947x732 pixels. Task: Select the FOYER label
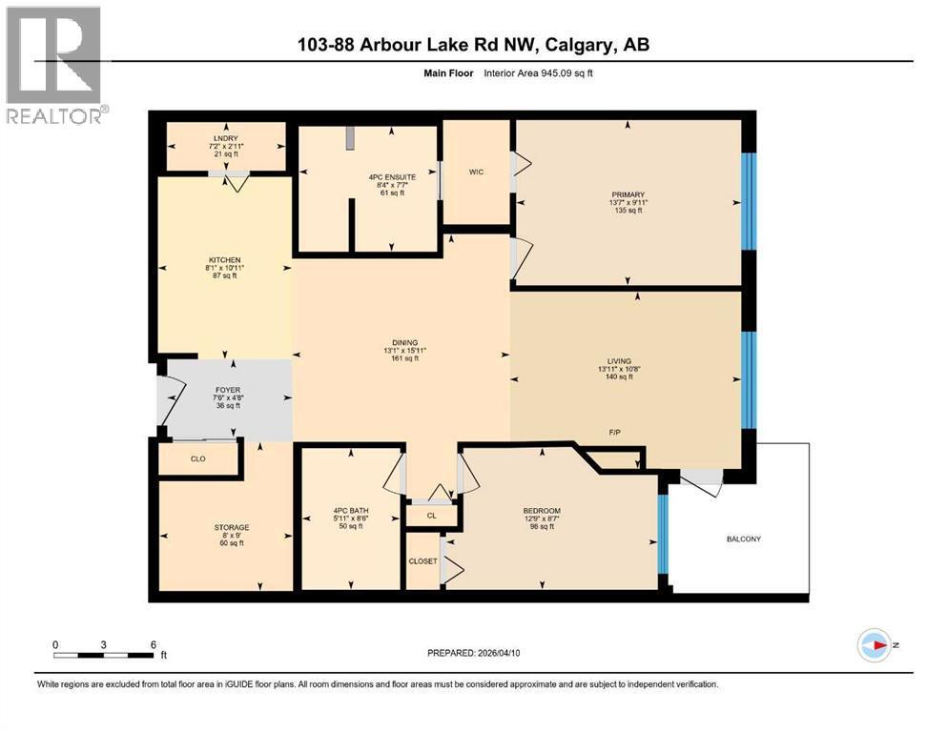[225, 390]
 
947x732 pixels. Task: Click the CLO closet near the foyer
[198, 458]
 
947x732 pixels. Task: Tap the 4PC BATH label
[348, 511]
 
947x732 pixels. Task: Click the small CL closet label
[431, 516]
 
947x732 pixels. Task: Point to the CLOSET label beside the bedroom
[422, 561]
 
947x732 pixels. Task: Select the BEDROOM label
[542, 511]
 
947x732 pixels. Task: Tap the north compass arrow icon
[875, 646]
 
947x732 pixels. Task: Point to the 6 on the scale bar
[154, 643]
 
